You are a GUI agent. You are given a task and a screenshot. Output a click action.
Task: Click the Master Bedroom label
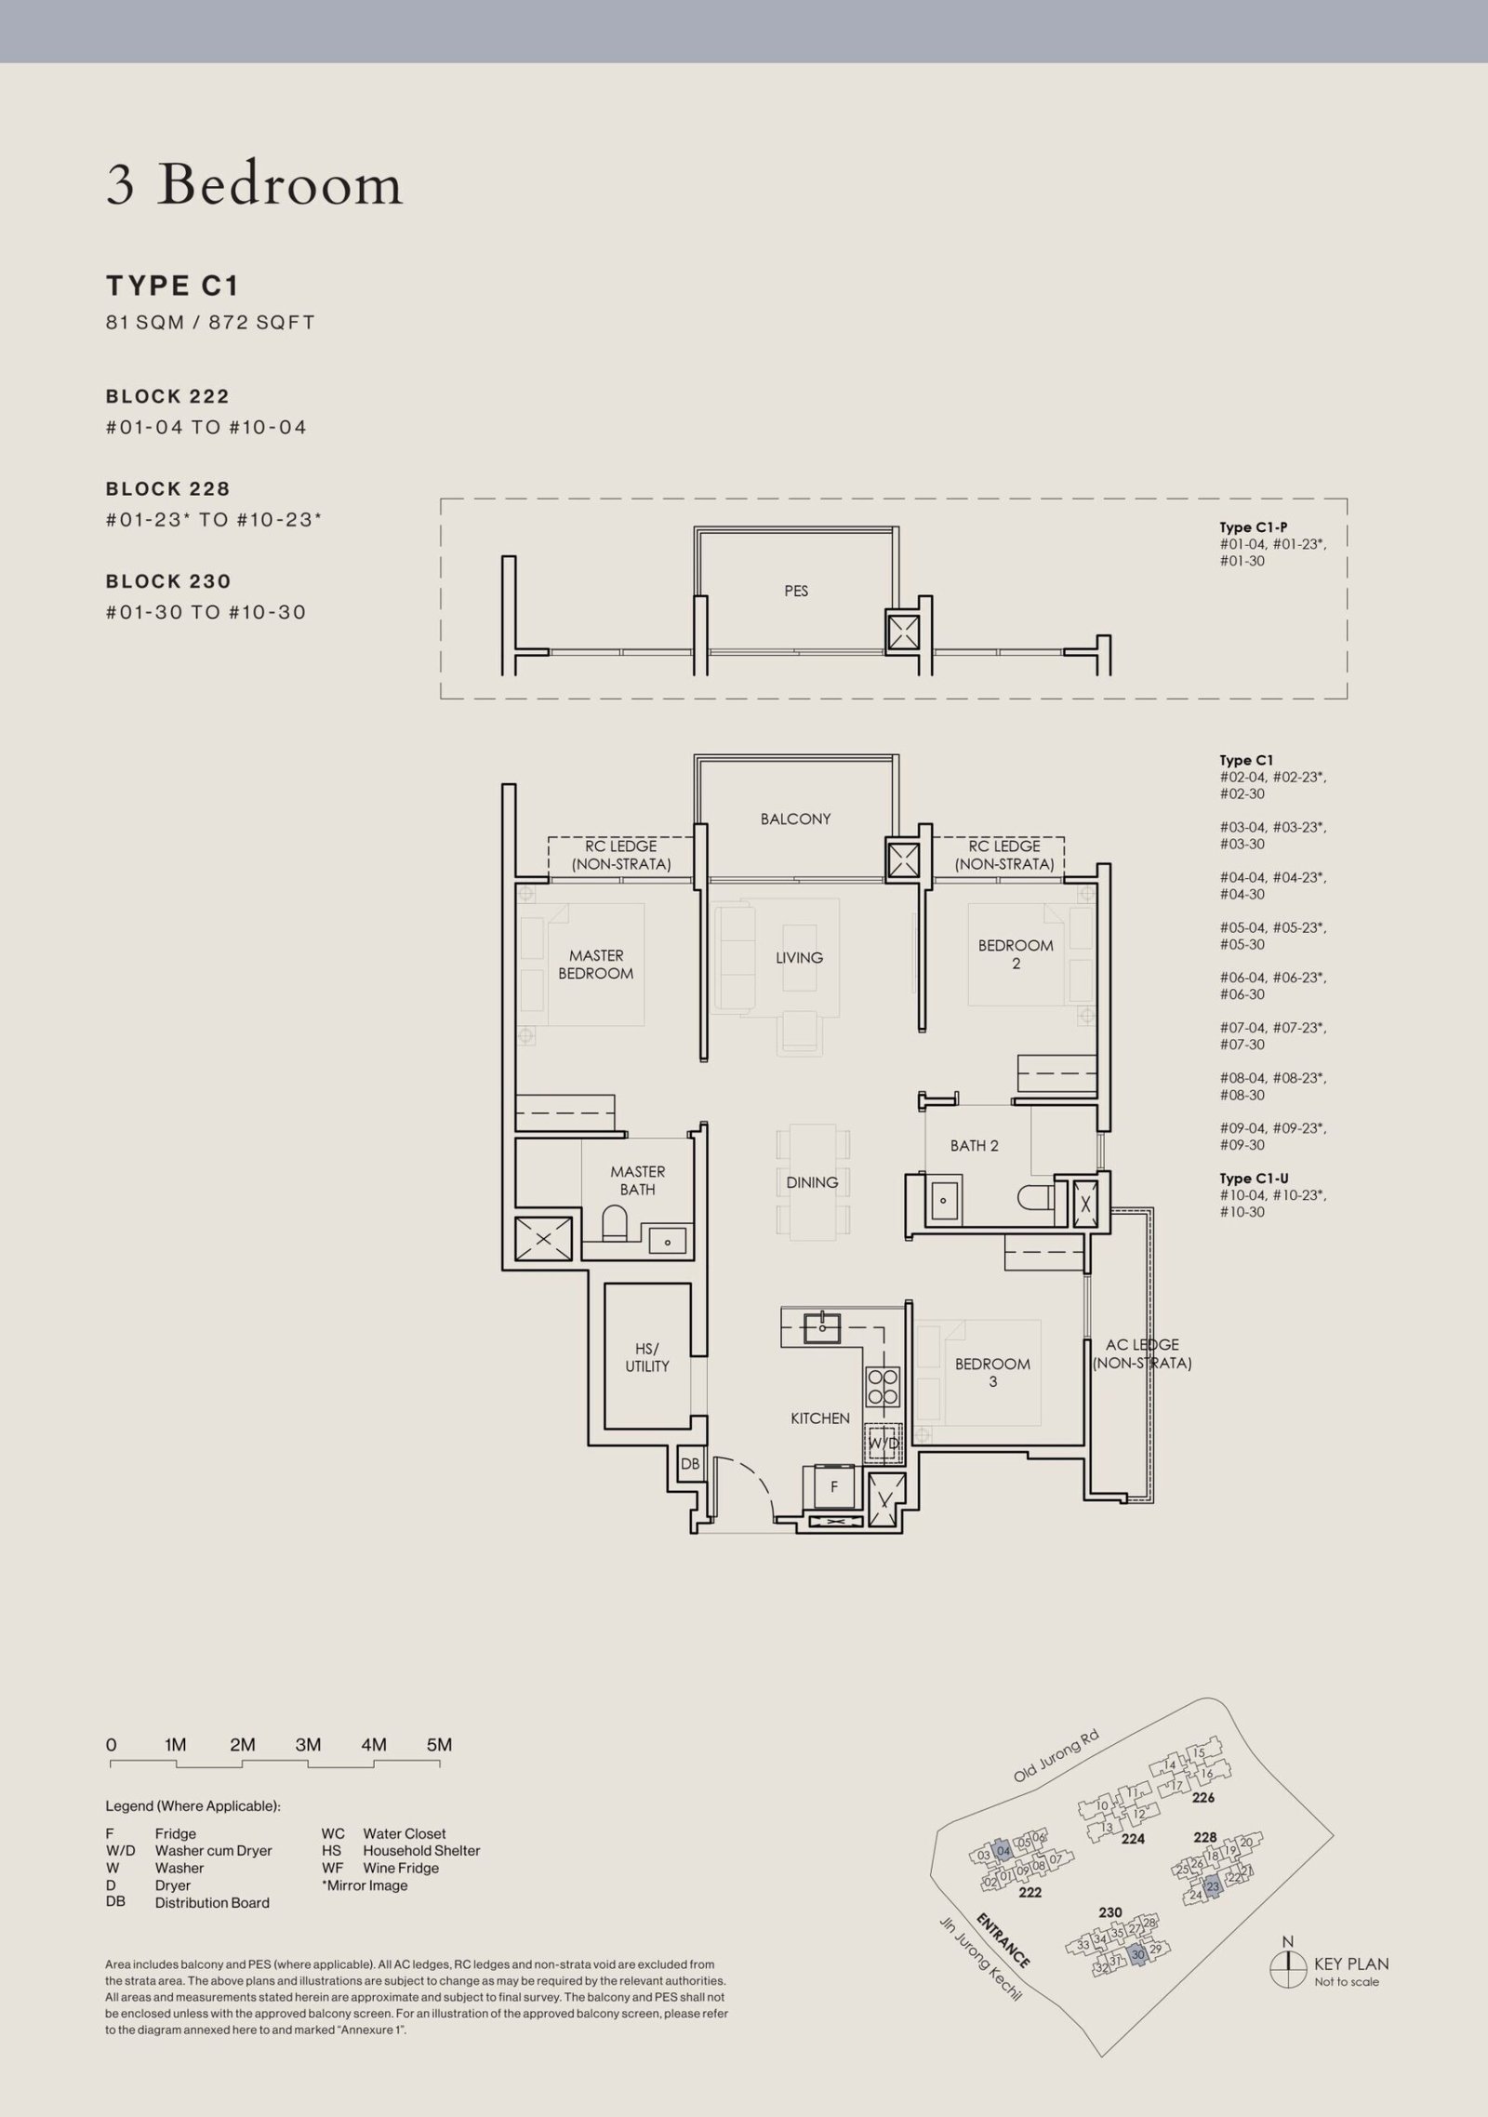tap(596, 965)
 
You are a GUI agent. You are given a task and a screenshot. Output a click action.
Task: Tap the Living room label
tap(800, 957)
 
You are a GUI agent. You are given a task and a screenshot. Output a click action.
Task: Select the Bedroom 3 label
tap(992, 1373)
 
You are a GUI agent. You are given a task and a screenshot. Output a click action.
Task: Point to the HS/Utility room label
tap(647, 1357)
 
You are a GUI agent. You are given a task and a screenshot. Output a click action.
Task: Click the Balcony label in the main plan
tap(795, 819)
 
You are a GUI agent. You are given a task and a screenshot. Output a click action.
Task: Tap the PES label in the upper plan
tap(796, 591)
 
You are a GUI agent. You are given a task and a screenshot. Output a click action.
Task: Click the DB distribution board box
tap(690, 1464)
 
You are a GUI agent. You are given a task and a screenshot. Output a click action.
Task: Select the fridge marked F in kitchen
tap(834, 1486)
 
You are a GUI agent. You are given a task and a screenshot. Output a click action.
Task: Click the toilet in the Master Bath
tap(616, 1222)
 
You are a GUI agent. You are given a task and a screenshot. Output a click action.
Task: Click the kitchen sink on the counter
tap(822, 1326)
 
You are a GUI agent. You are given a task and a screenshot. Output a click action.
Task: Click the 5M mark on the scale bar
tap(439, 1745)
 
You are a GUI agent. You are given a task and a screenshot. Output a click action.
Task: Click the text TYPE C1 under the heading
tap(173, 285)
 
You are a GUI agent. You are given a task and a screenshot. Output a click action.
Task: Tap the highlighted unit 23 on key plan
tap(1213, 1886)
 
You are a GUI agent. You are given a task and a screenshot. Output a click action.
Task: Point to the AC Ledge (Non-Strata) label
tap(1142, 1353)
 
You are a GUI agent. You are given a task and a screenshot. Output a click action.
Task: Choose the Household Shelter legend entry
tap(401, 1851)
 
